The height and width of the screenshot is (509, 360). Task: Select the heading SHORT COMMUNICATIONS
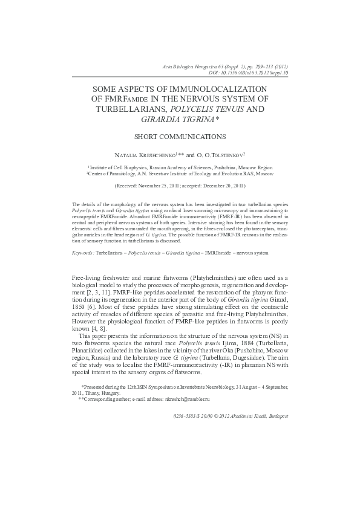(180, 137)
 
